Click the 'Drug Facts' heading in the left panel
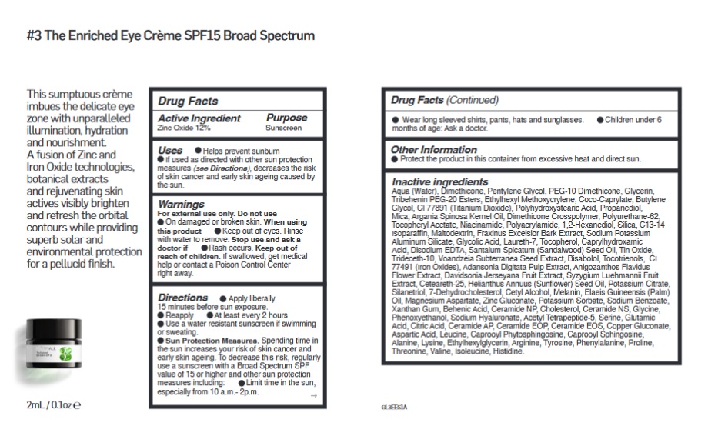(x=188, y=101)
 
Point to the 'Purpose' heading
(x=286, y=118)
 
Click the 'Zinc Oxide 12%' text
(x=183, y=127)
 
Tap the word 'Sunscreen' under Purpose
(x=284, y=128)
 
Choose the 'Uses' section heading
(x=170, y=151)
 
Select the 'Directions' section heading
(x=182, y=297)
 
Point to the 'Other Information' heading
(x=433, y=149)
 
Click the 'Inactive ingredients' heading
(x=439, y=181)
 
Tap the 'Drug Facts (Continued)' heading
(x=444, y=100)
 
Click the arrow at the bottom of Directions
(x=312, y=395)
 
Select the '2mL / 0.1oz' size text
(x=53, y=404)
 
